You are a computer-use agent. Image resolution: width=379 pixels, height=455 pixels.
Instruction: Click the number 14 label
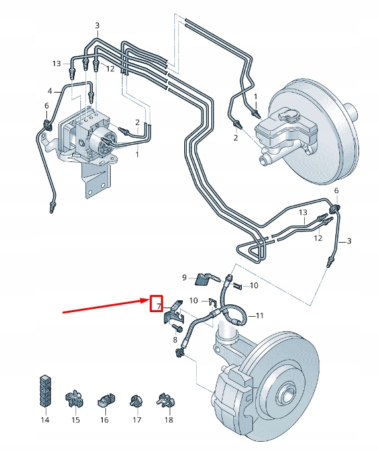coord(45,420)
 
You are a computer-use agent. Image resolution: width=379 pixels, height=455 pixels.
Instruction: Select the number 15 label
coord(75,420)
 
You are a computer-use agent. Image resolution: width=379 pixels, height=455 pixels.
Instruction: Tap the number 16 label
coord(105,420)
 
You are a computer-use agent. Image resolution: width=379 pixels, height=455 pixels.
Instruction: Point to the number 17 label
coord(137,420)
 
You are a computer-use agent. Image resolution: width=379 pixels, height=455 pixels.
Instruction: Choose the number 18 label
coord(168,420)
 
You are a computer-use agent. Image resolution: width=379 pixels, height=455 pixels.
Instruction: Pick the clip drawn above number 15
coord(74,398)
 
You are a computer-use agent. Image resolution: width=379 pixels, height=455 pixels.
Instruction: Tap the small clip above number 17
coord(136,400)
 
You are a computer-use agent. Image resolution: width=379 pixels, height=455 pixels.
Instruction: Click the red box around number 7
coord(157,305)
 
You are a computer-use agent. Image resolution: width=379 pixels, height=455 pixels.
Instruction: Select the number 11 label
coord(260,315)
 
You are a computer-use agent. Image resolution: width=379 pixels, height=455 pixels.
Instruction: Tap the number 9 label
coord(185,277)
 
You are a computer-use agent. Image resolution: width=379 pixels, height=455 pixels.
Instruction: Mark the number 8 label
coord(175,340)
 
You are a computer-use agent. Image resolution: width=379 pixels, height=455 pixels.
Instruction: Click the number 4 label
coord(49,91)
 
